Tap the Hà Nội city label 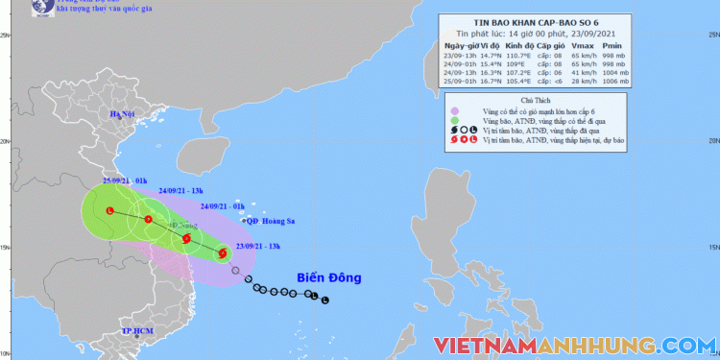[x=122, y=115]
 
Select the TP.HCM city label [x=137, y=331]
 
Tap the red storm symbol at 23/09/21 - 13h [x=223, y=253]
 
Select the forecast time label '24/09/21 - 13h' [x=169, y=191]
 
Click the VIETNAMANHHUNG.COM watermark [x=573, y=344]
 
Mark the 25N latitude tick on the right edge [x=709, y=36]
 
